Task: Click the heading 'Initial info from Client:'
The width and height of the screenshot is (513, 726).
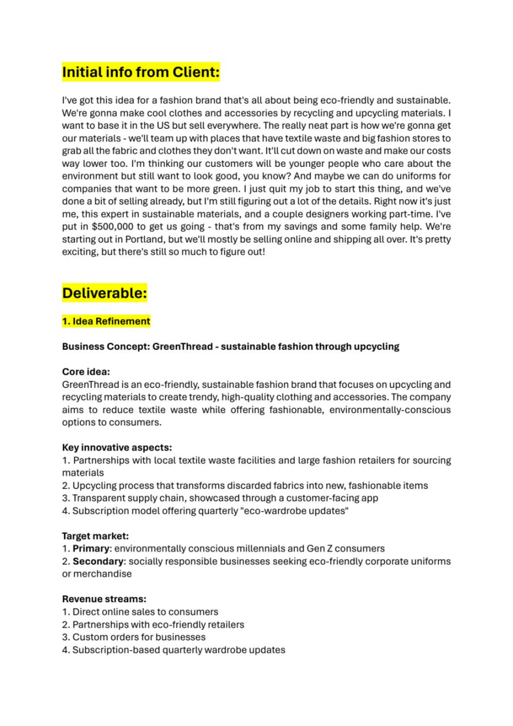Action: coord(141,73)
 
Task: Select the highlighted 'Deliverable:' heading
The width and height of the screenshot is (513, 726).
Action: coord(104,293)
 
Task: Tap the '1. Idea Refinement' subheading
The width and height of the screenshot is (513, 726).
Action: coord(106,322)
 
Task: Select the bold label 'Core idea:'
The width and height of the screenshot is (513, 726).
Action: coord(86,372)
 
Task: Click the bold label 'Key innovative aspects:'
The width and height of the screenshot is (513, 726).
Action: coord(117,448)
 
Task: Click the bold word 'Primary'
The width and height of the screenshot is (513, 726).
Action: coord(90,548)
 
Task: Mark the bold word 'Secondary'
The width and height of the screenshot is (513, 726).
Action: coord(98,561)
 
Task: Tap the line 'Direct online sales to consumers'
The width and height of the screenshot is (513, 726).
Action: coord(145,611)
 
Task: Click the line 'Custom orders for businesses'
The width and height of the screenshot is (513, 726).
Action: coord(138,637)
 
